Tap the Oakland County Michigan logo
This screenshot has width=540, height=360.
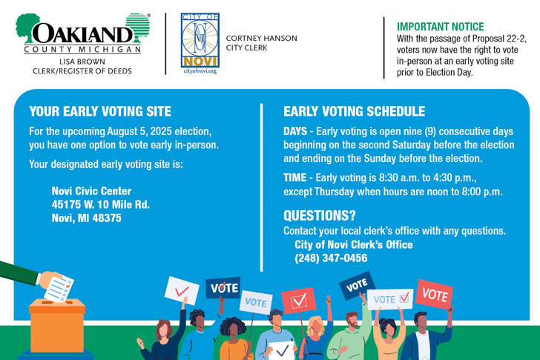(x=83, y=33)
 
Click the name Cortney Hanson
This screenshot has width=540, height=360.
(x=261, y=39)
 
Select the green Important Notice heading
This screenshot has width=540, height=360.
(x=441, y=27)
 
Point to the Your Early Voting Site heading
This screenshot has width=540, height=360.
(x=100, y=111)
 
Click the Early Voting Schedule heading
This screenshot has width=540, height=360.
(x=355, y=111)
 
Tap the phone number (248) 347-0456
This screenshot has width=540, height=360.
(x=331, y=258)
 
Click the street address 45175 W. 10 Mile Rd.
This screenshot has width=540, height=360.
(x=101, y=204)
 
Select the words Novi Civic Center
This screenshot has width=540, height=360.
(x=92, y=191)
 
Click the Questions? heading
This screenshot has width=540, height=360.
(x=320, y=215)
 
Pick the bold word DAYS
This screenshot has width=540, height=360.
(x=295, y=131)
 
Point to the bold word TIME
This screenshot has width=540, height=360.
(x=294, y=177)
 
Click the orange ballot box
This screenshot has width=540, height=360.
(x=57, y=326)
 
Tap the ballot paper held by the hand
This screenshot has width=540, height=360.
(x=59, y=289)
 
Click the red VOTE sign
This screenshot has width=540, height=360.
(x=434, y=295)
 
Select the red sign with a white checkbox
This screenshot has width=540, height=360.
(x=299, y=301)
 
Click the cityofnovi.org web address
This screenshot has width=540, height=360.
(x=200, y=71)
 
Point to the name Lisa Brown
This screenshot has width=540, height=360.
(x=82, y=62)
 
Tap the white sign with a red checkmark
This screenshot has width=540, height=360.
(x=182, y=291)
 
